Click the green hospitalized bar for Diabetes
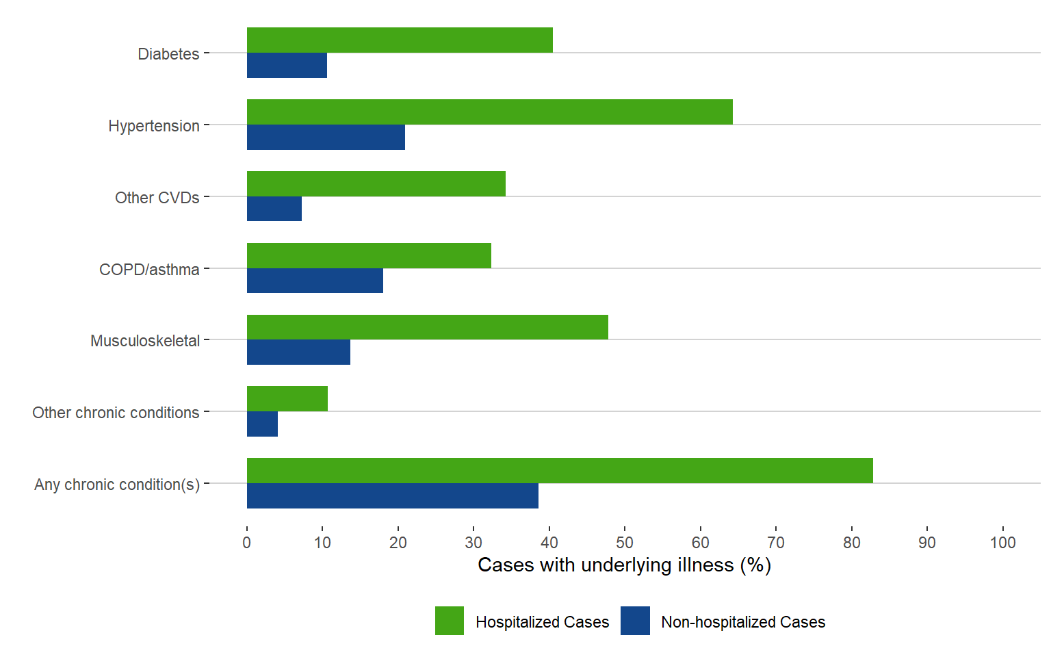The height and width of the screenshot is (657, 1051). (x=400, y=40)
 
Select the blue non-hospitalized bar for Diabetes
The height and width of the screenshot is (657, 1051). (x=287, y=66)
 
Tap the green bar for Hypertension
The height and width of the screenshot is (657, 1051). (x=489, y=112)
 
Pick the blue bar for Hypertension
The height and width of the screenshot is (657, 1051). (x=326, y=138)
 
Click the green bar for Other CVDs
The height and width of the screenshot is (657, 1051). (x=376, y=184)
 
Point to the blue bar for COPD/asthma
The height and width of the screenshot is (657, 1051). (x=315, y=281)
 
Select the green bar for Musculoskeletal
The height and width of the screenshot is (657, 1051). (x=427, y=327)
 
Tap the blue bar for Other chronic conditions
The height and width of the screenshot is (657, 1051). (x=262, y=424)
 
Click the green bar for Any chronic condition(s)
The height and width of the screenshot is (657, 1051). (x=560, y=471)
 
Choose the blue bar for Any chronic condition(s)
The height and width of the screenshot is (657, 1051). (x=392, y=496)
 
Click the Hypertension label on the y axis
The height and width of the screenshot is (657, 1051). (x=154, y=126)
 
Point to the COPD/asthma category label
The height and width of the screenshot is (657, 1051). (x=149, y=270)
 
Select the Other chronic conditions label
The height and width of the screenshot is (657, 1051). (x=116, y=413)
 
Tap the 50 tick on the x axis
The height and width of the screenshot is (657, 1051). (x=625, y=543)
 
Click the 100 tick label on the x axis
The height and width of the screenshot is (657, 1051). (x=1002, y=543)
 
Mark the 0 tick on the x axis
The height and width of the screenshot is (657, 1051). (x=247, y=543)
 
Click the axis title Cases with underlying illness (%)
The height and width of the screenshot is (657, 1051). (x=624, y=565)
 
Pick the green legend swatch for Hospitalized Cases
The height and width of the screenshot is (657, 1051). (x=450, y=621)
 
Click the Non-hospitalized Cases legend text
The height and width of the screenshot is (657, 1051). (x=743, y=622)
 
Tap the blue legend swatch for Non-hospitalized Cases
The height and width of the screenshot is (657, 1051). (x=635, y=621)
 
